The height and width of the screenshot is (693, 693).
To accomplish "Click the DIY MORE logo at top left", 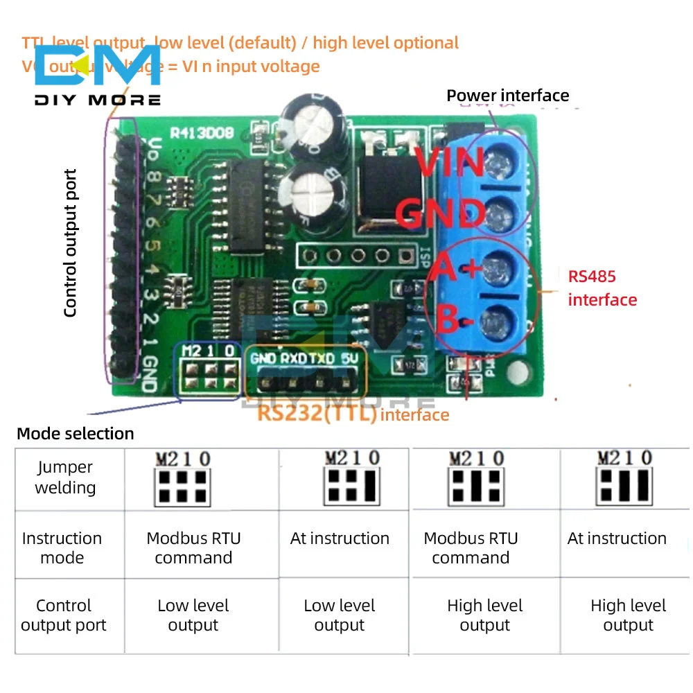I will (97, 76).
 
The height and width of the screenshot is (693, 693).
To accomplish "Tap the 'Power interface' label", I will (507, 96).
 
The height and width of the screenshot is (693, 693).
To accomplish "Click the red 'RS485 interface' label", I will (602, 288).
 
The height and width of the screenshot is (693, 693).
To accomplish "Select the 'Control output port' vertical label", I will (70, 243).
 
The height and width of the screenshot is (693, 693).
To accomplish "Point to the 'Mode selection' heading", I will (75, 434).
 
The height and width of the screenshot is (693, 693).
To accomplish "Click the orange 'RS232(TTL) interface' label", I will (353, 415).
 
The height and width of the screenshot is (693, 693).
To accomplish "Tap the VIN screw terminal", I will (496, 164).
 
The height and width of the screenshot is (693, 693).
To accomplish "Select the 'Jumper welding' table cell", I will (65, 477).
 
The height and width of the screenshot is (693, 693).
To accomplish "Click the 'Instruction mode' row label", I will (62, 547).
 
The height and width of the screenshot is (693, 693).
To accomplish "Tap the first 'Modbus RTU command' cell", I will (193, 547).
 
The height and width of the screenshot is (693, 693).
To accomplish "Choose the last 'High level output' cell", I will (628, 615).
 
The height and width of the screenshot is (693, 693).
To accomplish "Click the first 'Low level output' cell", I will (193, 615).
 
